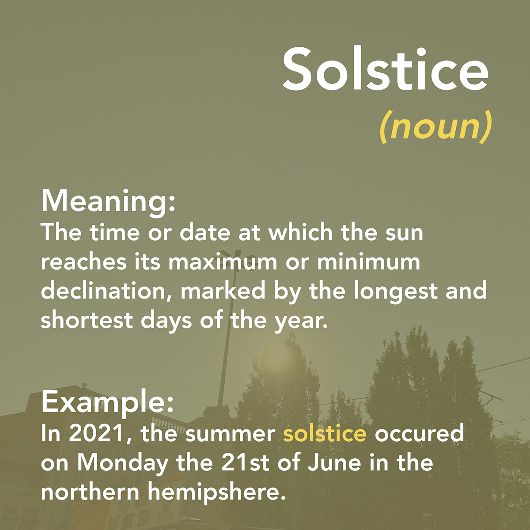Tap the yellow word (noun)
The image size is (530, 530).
[435, 127]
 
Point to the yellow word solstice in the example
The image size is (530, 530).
[325, 433]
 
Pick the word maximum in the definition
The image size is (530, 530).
[223, 261]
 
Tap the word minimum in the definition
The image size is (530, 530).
[369, 261]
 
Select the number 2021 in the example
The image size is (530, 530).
[98, 433]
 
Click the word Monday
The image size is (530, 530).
[123, 463]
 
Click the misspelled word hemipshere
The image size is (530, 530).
[217, 493]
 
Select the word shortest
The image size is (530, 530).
[87, 320]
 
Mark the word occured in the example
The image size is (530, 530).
[420, 433]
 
